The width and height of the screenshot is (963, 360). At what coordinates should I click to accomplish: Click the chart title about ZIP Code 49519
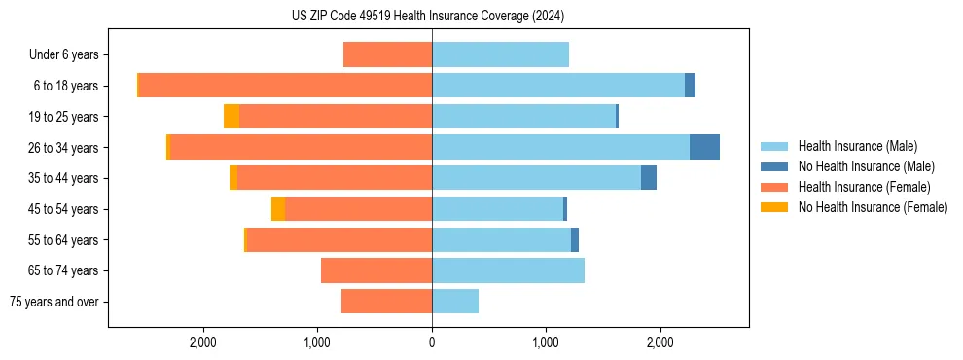pyautogui.click(x=428, y=16)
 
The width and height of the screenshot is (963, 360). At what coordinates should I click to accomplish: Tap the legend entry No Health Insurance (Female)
pyautogui.click(x=873, y=207)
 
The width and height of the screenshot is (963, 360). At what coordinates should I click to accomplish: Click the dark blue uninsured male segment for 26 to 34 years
pyautogui.click(x=704, y=147)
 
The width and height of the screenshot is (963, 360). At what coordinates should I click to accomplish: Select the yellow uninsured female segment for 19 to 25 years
pyautogui.click(x=232, y=117)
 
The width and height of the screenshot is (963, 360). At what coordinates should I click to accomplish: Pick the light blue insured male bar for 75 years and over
pyautogui.click(x=455, y=302)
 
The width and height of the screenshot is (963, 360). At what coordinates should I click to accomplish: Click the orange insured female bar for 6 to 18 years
pyautogui.click(x=285, y=86)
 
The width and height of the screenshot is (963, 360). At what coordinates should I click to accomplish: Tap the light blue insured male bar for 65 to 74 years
pyautogui.click(x=508, y=270)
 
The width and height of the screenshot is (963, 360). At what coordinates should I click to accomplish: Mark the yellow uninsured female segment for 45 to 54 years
pyautogui.click(x=278, y=209)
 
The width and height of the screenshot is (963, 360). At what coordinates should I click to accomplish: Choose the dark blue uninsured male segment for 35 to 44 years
pyautogui.click(x=649, y=178)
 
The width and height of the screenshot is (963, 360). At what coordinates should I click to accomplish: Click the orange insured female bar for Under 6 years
pyautogui.click(x=387, y=55)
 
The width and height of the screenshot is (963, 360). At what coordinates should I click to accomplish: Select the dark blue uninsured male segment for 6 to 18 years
pyautogui.click(x=690, y=86)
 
